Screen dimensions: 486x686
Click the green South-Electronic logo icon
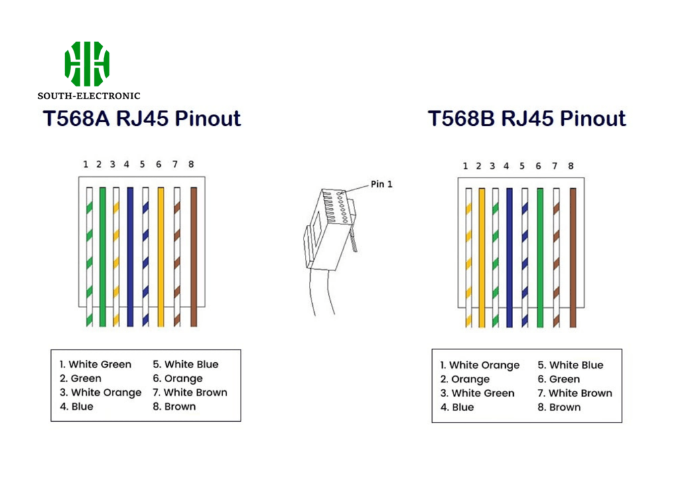point(87,64)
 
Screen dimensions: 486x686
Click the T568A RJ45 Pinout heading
point(141,118)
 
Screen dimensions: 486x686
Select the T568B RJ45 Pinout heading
point(527,118)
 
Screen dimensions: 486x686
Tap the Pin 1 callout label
point(381,184)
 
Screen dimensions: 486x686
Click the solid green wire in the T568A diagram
point(102,256)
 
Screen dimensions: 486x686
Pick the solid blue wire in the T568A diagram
point(130,256)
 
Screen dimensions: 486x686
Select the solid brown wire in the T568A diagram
point(194,256)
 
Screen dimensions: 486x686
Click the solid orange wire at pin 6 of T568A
point(160,256)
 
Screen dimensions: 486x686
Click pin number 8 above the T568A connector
point(191,164)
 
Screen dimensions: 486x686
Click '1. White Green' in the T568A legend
point(96,364)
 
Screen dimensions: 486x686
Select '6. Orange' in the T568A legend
point(178,378)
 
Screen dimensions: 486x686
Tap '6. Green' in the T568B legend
point(559,379)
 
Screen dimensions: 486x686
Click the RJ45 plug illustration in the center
point(328,224)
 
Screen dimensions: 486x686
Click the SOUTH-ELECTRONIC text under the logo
point(89,96)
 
